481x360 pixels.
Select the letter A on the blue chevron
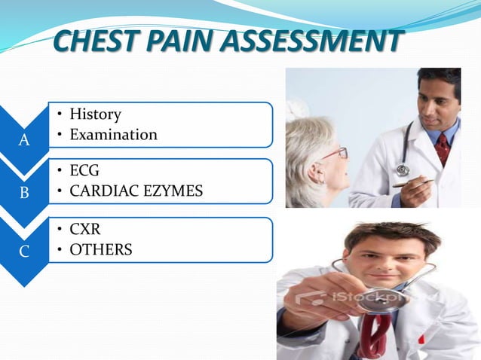click(24, 140)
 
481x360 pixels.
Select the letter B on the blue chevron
click(24, 192)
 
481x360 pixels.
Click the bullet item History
click(95, 114)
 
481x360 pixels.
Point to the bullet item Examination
click(113, 135)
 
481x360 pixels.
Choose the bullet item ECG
click(84, 171)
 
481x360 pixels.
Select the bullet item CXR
click(85, 229)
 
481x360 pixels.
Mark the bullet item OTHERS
click(100, 249)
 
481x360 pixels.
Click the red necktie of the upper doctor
click(443, 148)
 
